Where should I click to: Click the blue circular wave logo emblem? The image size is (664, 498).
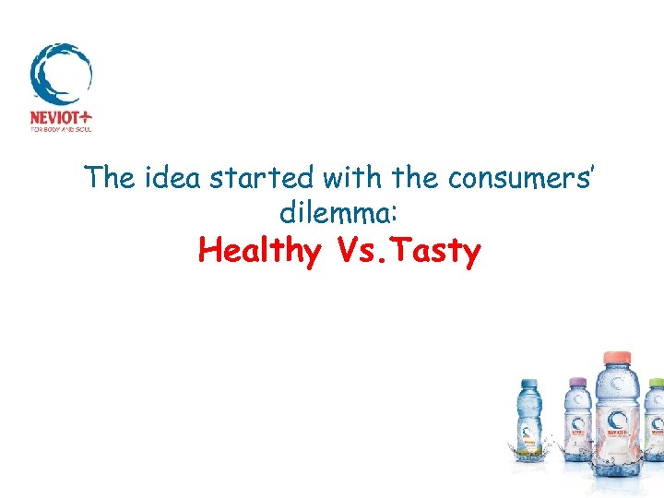click(x=61, y=73)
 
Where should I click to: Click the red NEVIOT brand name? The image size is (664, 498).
click(x=54, y=118)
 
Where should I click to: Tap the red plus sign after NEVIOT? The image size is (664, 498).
click(x=87, y=118)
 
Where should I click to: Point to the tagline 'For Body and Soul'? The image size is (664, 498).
click(x=61, y=130)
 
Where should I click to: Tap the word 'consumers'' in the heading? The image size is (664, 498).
click(x=525, y=178)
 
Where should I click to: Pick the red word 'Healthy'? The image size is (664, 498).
click(x=259, y=250)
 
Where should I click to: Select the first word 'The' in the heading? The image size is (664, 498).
click(x=109, y=178)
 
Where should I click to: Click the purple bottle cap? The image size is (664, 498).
click(x=578, y=382)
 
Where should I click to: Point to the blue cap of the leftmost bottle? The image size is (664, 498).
click(x=528, y=384)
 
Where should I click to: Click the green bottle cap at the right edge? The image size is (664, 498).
click(x=656, y=383)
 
